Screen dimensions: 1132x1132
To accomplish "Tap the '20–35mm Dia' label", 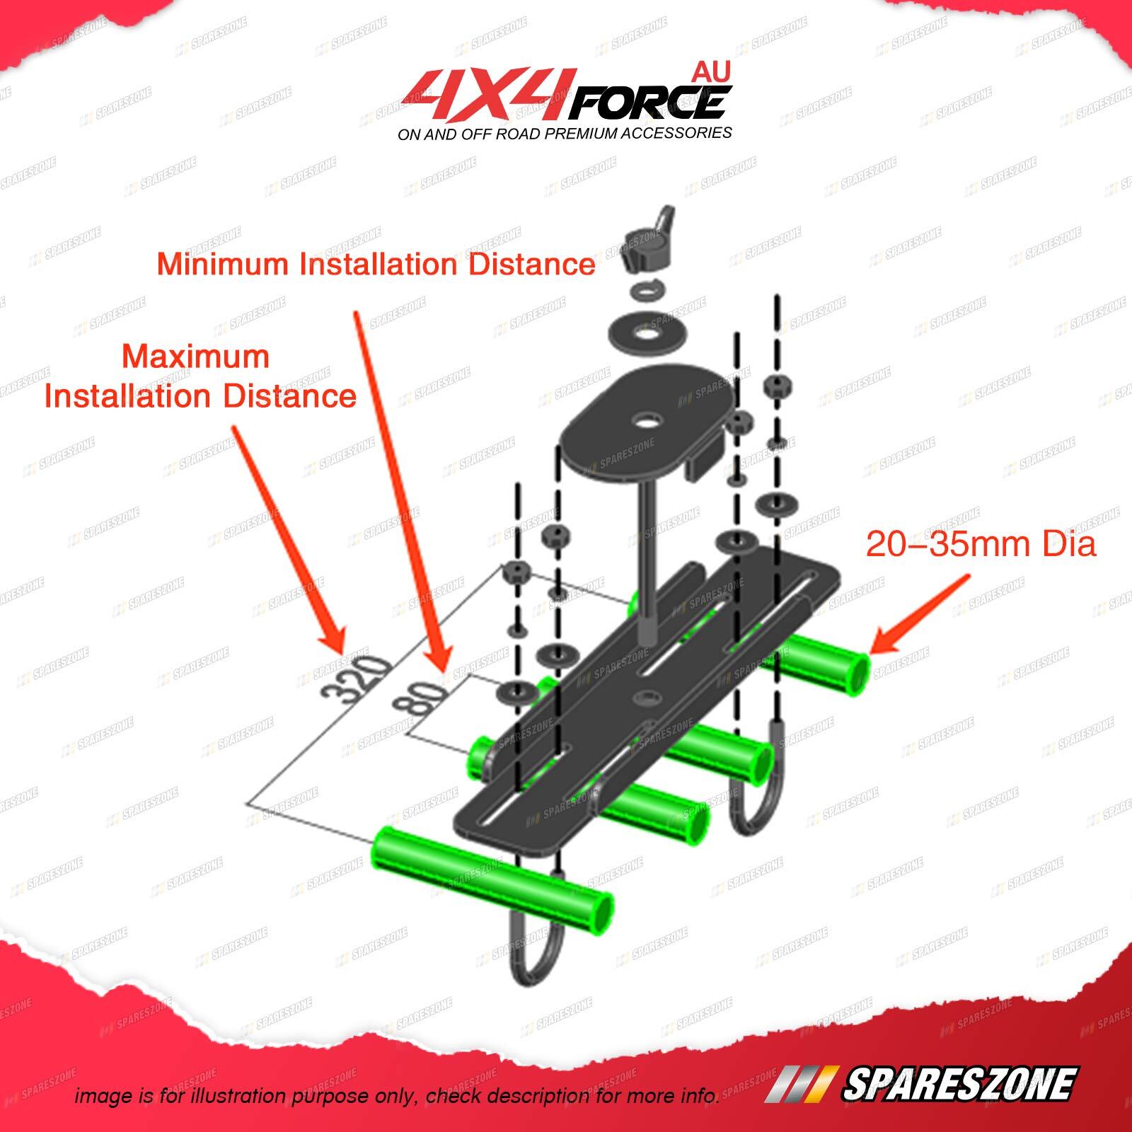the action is pos(981,545).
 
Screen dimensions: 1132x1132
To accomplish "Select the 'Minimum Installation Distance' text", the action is pos(376,265).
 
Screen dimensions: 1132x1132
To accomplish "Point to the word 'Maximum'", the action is pos(196,357).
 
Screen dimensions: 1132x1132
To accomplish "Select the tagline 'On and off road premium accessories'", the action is pos(565,133).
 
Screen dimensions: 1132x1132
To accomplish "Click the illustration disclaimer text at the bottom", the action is pos(397,1096).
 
